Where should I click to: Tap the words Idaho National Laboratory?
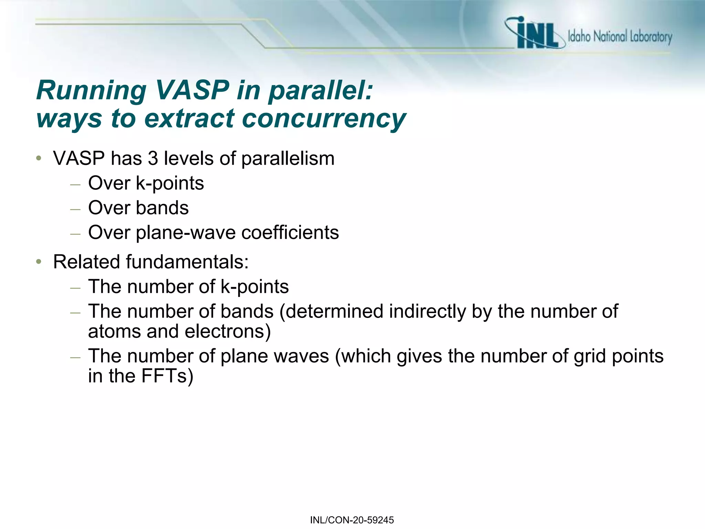[620, 37]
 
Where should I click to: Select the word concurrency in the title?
[324, 118]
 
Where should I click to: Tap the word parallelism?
[288, 159]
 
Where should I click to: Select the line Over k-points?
[146, 183]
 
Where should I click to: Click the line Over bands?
[138, 208]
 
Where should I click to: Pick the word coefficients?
[290, 232]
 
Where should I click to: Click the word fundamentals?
[187, 262]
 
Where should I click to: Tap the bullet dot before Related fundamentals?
[39, 262]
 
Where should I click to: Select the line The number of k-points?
[188, 287]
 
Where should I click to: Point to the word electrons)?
[228, 331]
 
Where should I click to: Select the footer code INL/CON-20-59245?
[352, 520]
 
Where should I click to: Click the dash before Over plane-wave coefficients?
[75, 234]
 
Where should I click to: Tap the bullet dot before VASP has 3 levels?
[39, 159]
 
